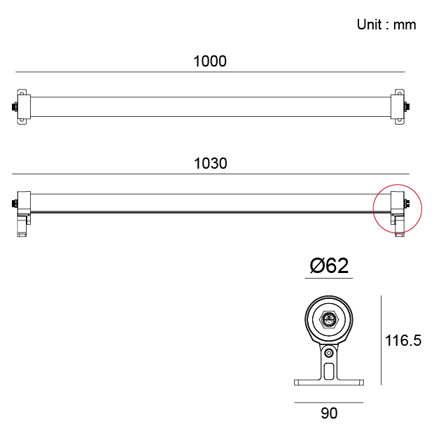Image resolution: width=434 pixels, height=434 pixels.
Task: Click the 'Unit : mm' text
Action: click(386, 24)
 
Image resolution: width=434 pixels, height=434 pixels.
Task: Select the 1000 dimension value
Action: click(210, 61)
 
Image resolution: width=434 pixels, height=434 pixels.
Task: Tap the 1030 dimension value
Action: click(211, 163)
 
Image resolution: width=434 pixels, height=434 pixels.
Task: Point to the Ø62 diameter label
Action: click(329, 266)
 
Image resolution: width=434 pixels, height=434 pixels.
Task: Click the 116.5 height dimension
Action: click(403, 340)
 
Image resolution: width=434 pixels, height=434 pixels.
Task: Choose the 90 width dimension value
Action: click(329, 413)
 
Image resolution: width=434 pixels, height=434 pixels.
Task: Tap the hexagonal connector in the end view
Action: click(328, 319)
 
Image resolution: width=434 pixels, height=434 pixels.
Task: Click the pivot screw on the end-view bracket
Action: click(329, 353)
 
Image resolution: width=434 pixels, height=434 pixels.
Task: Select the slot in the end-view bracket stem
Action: click(329, 371)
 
